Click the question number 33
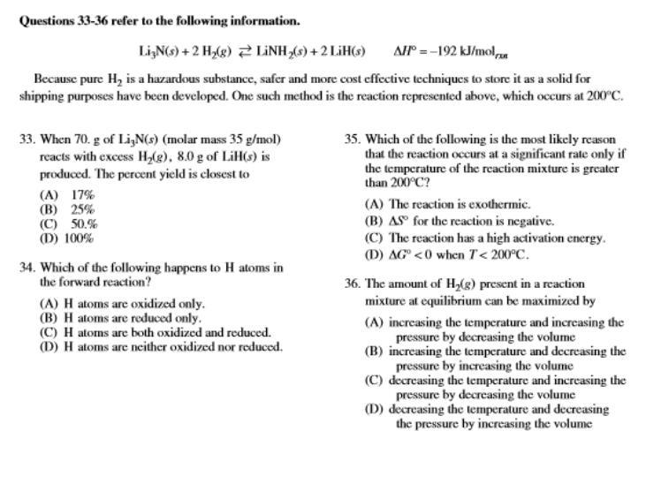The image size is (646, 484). point(26,140)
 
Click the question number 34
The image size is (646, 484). point(26,268)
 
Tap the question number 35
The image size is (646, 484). point(352,140)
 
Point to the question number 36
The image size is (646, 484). point(352,284)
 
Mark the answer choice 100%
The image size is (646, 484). point(80,238)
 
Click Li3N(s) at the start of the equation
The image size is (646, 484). point(161,51)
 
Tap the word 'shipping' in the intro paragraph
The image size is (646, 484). point(40,96)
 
